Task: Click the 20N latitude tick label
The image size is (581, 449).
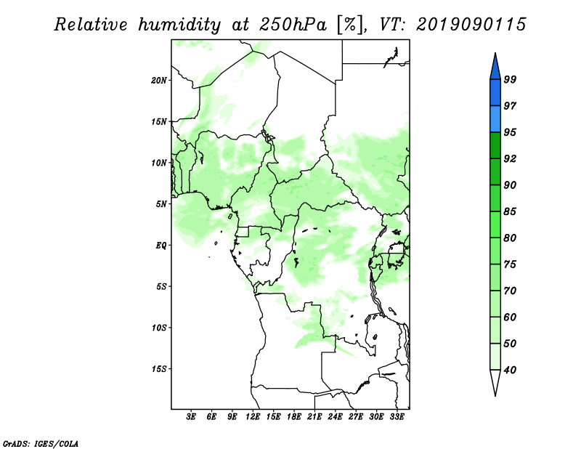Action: (159, 81)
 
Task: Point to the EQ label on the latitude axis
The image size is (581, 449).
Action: (161, 246)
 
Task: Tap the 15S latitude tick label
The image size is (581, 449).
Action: (159, 369)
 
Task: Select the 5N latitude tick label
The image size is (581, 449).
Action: (161, 204)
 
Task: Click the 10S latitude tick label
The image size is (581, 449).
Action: (159, 328)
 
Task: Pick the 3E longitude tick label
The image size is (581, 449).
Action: (191, 417)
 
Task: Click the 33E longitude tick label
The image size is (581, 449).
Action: (397, 417)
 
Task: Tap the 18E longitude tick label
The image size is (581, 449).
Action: (294, 417)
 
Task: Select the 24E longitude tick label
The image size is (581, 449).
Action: (335, 417)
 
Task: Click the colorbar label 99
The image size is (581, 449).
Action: (511, 79)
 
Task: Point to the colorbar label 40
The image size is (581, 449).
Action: (511, 370)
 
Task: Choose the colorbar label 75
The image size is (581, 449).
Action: (511, 264)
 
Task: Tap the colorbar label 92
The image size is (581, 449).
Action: (511, 158)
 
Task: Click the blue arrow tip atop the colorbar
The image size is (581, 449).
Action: (495, 53)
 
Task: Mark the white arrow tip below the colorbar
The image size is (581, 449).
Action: (495, 396)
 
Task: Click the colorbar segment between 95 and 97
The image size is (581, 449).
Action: (495, 119)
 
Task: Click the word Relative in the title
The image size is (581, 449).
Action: (91, 25)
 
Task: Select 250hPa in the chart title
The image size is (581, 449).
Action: (293, 25)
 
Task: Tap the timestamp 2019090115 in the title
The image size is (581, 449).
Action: (471, 25)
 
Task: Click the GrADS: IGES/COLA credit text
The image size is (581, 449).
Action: (41, 444)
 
